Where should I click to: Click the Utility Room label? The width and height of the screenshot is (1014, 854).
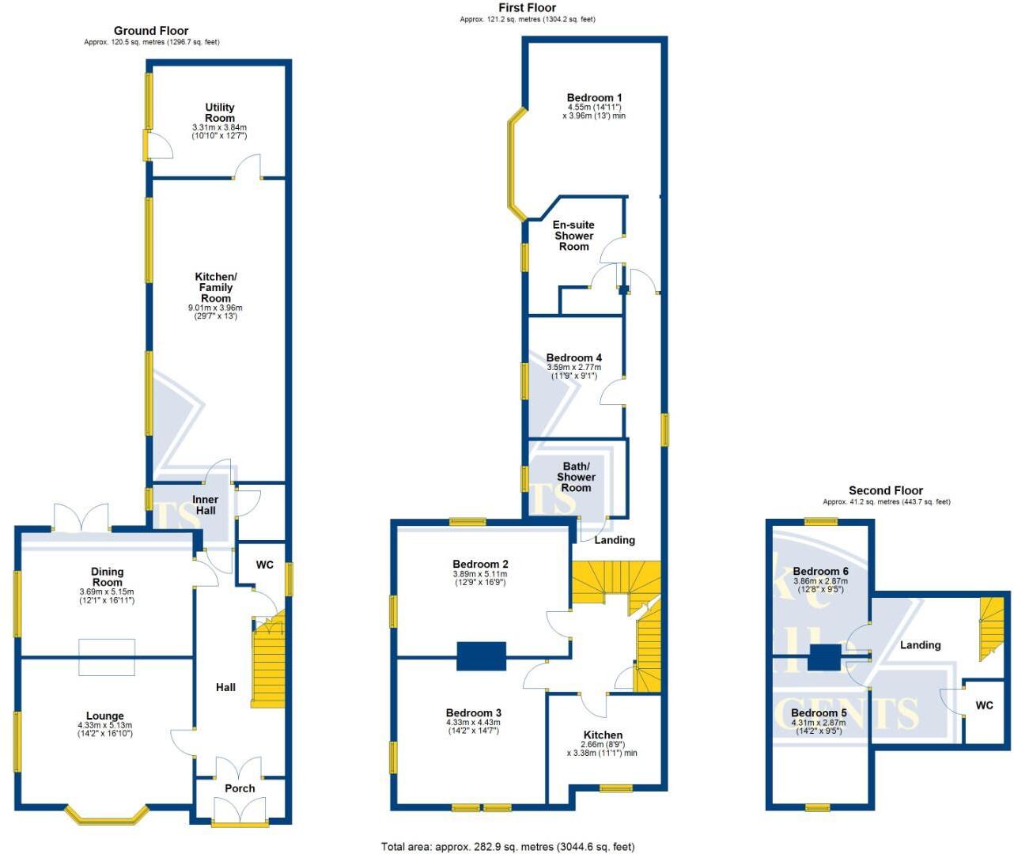220,112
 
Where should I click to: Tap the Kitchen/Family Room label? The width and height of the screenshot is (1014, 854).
216,287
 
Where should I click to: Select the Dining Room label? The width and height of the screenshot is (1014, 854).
107,576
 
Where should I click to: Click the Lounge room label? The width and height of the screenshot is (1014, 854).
105,716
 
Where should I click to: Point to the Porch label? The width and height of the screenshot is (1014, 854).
240,788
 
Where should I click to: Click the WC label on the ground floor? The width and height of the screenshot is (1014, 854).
264,565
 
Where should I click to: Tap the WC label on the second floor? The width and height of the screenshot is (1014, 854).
984,705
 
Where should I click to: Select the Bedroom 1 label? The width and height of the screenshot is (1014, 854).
594,98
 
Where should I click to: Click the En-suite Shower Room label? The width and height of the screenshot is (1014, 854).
573,236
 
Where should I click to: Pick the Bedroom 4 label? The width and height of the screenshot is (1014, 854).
573,357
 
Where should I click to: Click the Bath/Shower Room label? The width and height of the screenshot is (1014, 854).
576,477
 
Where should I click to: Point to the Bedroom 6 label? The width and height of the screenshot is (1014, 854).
820,571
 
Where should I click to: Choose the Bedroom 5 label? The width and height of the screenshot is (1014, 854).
819,712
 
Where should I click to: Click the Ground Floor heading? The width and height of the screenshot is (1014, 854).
151,31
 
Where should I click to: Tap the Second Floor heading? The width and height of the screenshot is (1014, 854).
886,490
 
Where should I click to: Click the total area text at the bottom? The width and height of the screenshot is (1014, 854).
507,847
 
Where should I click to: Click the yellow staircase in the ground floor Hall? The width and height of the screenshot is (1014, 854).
268,664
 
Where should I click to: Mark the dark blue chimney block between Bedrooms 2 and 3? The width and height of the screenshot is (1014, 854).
481,656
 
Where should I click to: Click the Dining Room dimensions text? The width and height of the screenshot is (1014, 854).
107,595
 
